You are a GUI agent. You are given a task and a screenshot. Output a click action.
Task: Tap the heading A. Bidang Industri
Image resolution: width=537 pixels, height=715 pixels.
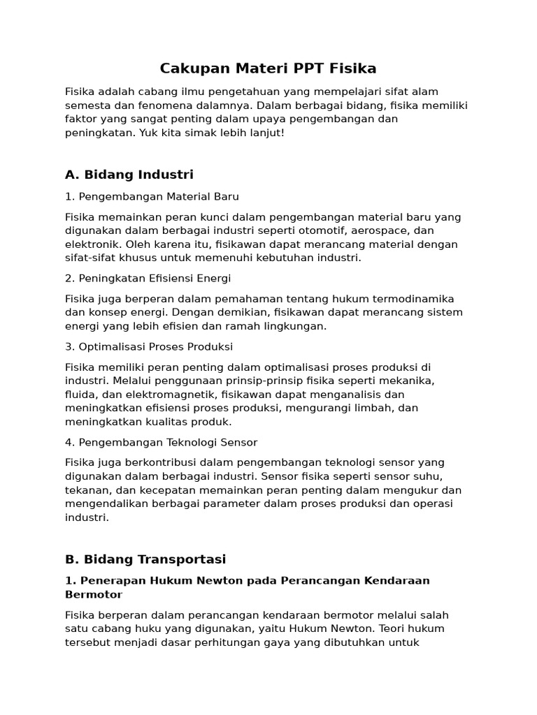coord(129,174)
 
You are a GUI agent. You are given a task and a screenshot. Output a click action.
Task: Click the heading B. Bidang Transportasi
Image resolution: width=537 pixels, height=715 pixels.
coord(145,559)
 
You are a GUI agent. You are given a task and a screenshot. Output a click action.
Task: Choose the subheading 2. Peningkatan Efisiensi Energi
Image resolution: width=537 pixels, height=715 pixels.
coord(148,278)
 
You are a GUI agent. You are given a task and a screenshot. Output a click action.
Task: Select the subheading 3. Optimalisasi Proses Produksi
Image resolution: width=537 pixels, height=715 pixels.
coord(149,346)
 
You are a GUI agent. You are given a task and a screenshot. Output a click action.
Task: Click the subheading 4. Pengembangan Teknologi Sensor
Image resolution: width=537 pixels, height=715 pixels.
coord(161,442)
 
